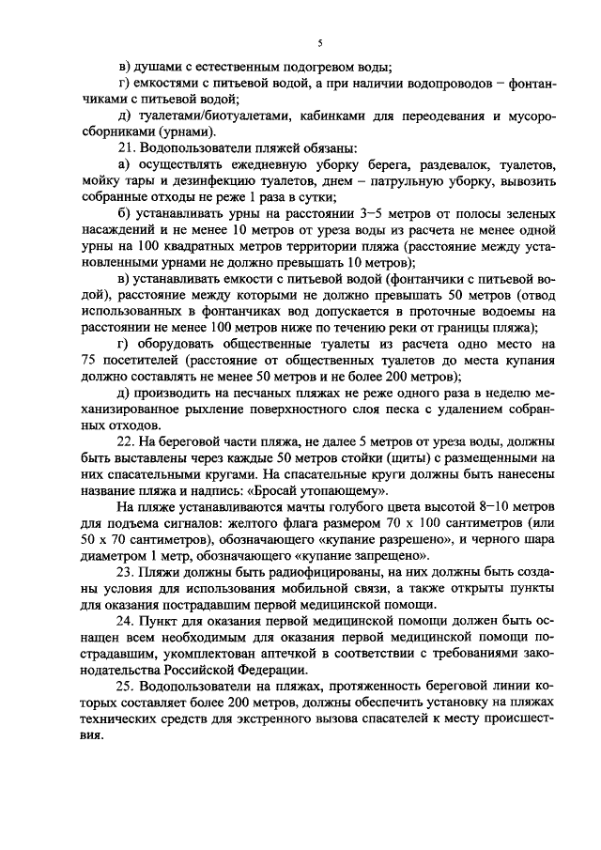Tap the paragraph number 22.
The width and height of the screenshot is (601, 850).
(x=124, y=440)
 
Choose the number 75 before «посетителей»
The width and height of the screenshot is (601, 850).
(x=89, y=360)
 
